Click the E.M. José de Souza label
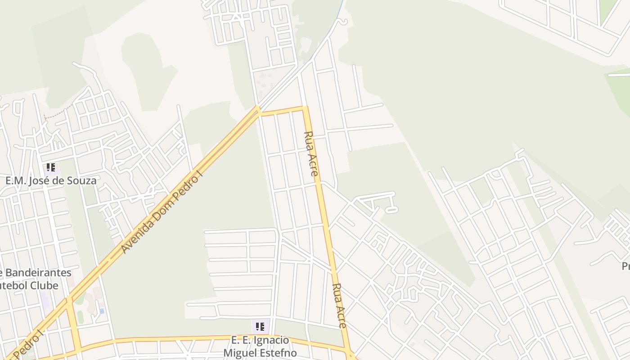[x=51, y=181]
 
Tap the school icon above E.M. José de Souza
[x=51, y=168]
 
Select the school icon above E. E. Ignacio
[x=260, y=326]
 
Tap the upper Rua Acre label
[x=311, y=153]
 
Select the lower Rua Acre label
[x=339, y=306]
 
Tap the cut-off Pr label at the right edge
[x=625, y=266]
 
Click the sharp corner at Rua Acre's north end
[x=305, y=108]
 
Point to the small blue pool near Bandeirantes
[x=102, y=311]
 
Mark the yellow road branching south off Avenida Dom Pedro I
[x=74, y=324]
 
